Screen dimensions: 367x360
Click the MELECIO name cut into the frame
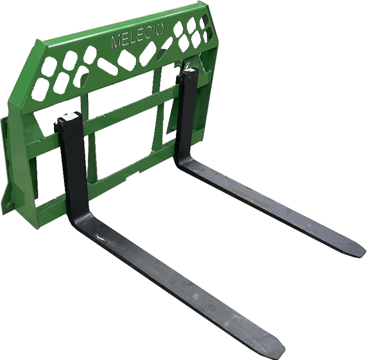pos(138,36)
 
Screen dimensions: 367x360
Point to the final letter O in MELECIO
pos(160,30)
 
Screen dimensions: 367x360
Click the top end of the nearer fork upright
pos(70,117)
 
